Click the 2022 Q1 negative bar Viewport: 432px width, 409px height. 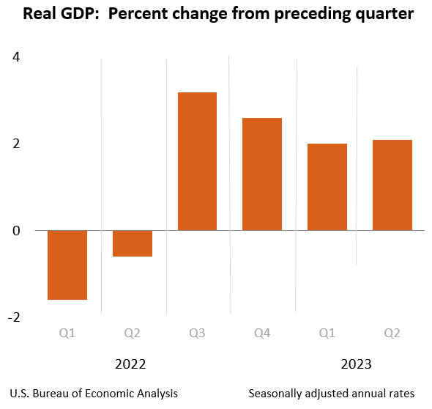point(67,265)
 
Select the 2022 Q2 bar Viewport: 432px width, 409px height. point(133,243)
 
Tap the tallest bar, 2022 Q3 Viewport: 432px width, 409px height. point(197,161)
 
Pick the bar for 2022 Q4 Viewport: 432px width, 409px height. point(262,174)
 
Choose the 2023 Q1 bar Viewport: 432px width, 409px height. point(327,187)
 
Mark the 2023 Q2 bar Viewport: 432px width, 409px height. point(392,185)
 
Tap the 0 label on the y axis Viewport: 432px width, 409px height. point(16,230)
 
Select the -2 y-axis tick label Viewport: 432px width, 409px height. point(14,317)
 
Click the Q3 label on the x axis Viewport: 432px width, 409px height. point(197,334)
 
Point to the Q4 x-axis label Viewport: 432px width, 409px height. point(262,334)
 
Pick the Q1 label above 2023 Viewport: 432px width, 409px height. point(327,334)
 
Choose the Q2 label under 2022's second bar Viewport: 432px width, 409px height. point(133,334)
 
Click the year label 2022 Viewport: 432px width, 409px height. point(130,364)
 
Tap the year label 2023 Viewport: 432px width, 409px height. point(357,364)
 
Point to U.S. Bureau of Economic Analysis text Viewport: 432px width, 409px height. point(94,394)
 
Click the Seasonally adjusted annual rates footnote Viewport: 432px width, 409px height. point(332,394)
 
